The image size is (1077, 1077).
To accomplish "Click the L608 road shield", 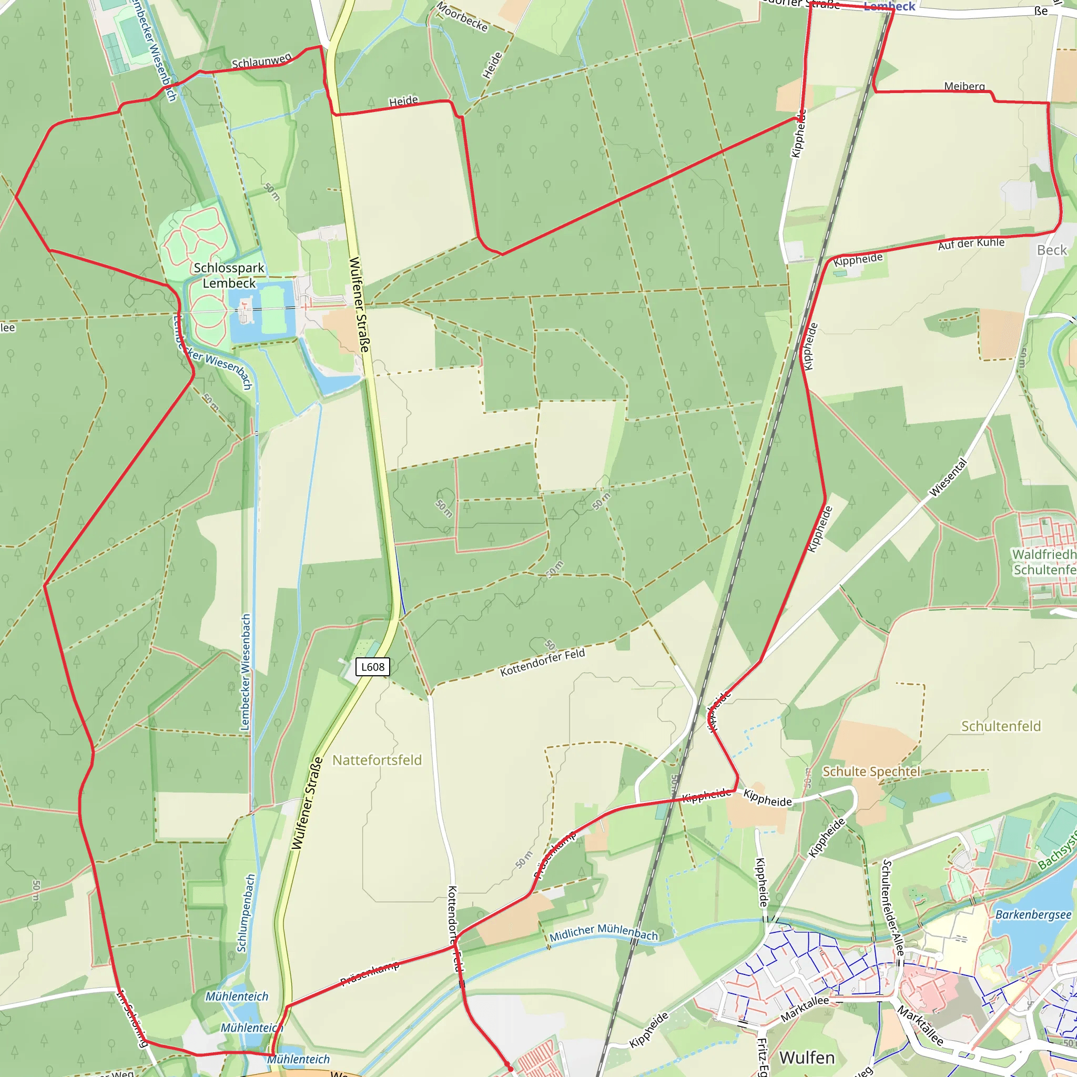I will (x=372, y=667).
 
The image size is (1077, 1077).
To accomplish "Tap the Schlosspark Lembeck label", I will (x=229, y=276).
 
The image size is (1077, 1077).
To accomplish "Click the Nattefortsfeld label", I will (x=377, y=760).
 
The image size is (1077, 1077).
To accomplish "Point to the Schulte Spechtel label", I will (x=871, y=771).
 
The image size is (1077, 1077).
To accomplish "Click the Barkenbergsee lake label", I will (x=1033, y=915).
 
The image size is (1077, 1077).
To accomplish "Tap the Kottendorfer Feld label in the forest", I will (x=542, y=662).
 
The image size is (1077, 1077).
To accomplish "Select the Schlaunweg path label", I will (x=261, y=62).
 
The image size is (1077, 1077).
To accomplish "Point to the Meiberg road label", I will (x=964, y=86).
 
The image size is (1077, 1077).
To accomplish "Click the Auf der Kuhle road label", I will (x=971, y=243).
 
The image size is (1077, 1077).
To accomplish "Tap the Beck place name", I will (x=1051, y=250).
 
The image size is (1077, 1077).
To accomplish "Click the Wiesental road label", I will (x=948, y=477).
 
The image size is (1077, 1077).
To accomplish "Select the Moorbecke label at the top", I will (x=462, y=17).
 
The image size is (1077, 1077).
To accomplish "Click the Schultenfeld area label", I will (x=1001, y=726).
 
